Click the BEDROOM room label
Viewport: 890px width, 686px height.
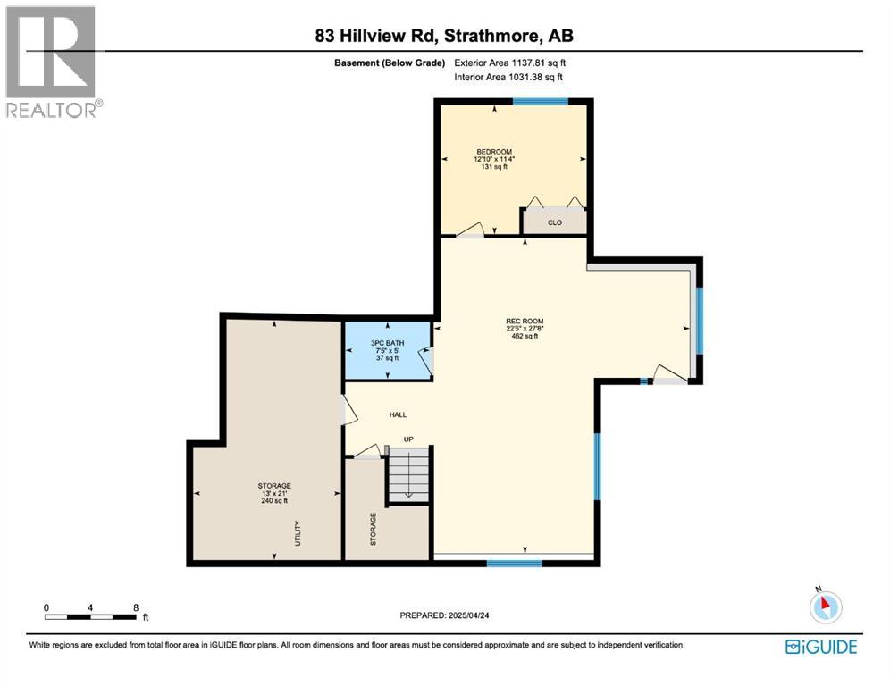coord(493,152)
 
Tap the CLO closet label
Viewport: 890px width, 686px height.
coord(555,222)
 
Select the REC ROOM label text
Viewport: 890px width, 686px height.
coord(525,322)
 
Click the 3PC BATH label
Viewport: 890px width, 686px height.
coord(386,343)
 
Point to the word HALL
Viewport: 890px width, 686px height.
coord(398,414)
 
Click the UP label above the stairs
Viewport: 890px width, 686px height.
coord(407,439)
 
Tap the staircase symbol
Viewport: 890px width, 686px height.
coord(408,474)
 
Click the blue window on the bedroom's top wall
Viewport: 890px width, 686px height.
coord(540,102)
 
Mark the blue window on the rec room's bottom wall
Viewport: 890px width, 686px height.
coord(514,563)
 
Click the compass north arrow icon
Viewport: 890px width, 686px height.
coord(825,607)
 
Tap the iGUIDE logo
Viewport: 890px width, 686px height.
coord(820,647)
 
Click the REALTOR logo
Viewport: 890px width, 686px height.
coord(52,62)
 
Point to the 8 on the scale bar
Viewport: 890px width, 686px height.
coord(136,607)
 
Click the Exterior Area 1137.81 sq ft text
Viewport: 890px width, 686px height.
coord(510,63)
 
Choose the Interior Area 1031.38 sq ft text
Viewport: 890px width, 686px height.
coord(509,79)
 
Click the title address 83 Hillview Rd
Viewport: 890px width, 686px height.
coord(374,37)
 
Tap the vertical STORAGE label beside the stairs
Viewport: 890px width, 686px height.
coord(374,529)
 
